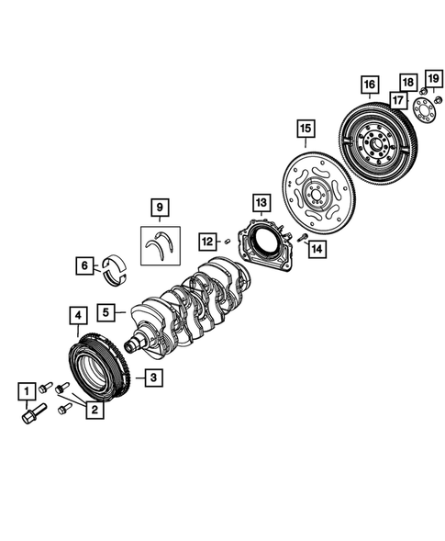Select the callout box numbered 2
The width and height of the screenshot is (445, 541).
pyautogui.click(x=94, y=411)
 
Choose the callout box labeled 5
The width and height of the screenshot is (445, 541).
pyautogui.click(x=108, y=313)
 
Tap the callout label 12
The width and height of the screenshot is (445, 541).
pyautogui.click(x=208, y=241)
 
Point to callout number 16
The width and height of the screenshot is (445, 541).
pyautogui.click(x=369, y=86)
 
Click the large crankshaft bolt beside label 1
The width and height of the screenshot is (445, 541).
pyautogui.click(x=29, y=416)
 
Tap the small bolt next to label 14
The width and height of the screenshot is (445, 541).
pyautogui.click(x=301, y=237)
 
